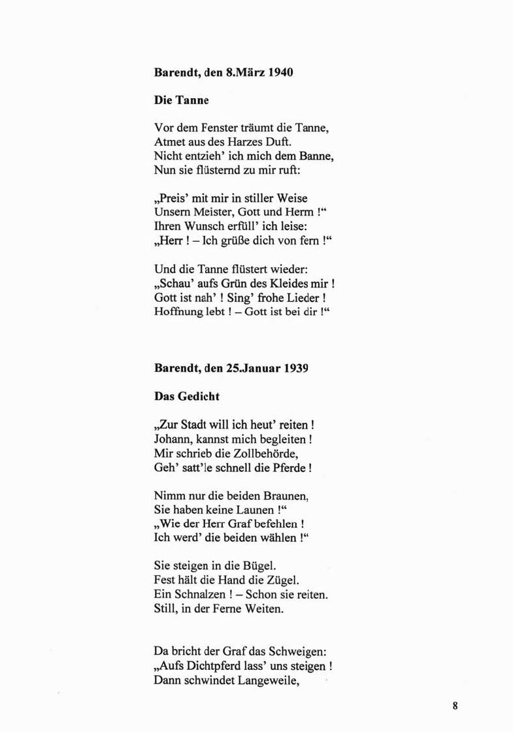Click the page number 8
(455, 705)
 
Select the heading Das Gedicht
(187, 396)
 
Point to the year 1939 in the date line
(296, 368)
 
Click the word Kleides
(293, 285)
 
